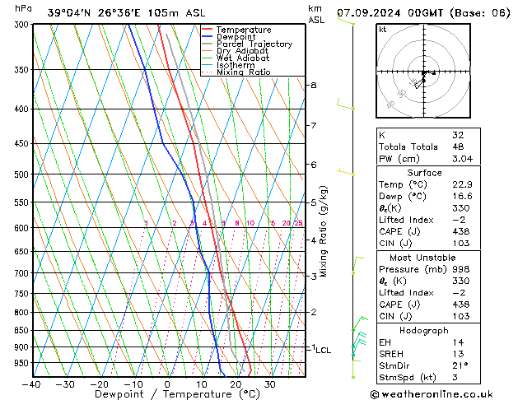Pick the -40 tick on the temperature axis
point(31,384)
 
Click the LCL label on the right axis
point(323,350)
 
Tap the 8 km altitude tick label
point(313,86)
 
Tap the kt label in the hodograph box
point(383,29)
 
